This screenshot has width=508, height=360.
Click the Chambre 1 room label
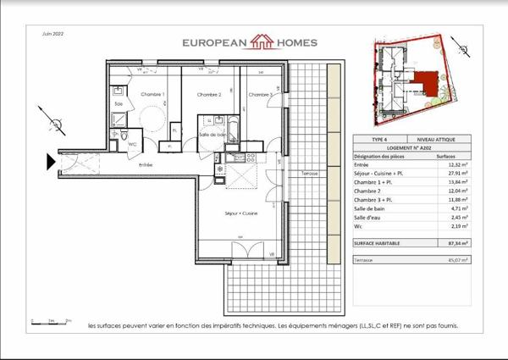coord(152,94)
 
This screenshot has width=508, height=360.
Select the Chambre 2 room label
coord(208,94)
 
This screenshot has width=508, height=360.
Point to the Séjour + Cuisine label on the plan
coord(240,214)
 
